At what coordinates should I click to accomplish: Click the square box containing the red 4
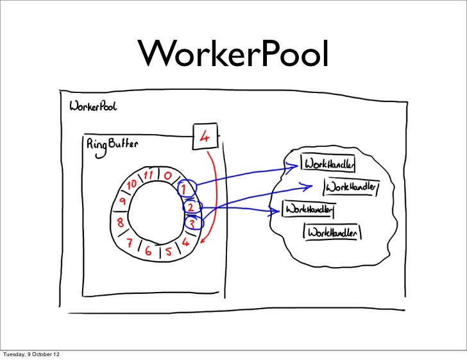point(205,137)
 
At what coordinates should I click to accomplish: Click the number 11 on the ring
point(149,174)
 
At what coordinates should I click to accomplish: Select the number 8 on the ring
point(121,223)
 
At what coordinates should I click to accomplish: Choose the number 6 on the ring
point(148,250)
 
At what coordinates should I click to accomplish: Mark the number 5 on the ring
point(168,250)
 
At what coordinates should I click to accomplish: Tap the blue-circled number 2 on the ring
point(191,207)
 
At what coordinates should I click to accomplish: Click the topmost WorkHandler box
point(329,164)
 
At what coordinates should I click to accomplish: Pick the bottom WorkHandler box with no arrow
point(332,234)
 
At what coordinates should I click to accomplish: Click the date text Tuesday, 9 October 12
point(33,354)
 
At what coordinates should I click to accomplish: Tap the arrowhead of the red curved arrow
point(202,241)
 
